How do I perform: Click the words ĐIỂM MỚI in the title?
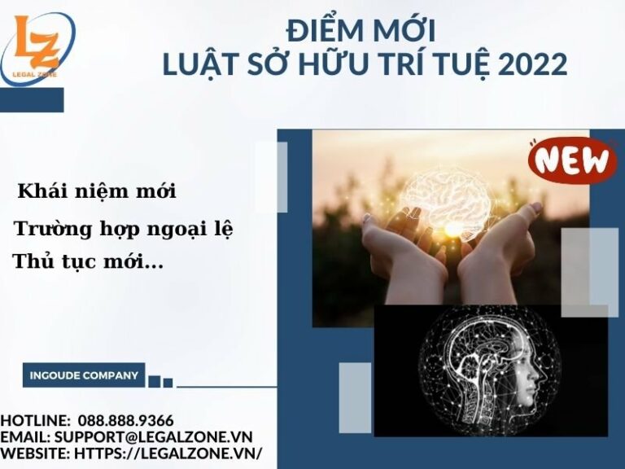click(x=361, y=31)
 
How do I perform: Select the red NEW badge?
click(x=572, y=159)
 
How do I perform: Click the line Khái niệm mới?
click(x=97, y=192)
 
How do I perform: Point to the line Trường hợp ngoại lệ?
click(x=123, y=230)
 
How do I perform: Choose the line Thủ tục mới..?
click(x=87, y=262)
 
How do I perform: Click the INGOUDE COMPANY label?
click(x=84, y=375)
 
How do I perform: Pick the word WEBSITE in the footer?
click(x=33, y=454)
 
